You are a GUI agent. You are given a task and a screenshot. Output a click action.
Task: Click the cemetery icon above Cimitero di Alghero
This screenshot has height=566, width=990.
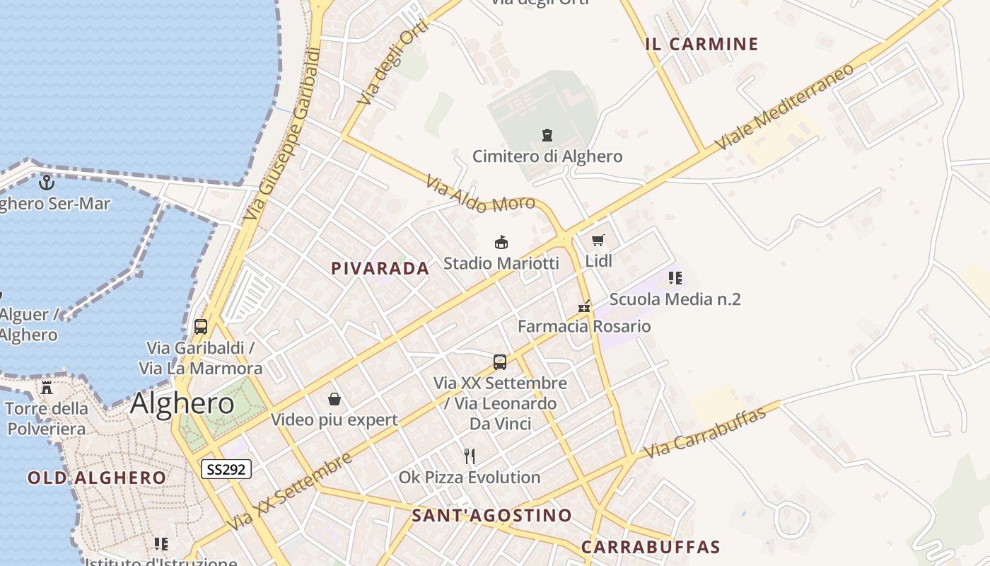(547, 134)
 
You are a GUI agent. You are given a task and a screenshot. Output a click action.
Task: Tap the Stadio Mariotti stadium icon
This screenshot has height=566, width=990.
(501, 243)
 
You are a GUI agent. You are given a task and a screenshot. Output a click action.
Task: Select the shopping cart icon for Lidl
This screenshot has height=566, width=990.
(598, 241)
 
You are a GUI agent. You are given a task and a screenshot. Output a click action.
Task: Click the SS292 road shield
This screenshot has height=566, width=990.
(226, 468)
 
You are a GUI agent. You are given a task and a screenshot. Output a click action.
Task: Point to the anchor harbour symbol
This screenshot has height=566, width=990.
(47, 183)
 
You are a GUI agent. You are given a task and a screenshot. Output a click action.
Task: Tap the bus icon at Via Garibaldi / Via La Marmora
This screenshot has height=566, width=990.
(201, 326)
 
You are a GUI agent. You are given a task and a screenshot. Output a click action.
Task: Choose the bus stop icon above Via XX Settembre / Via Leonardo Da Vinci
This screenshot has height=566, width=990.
(500, 362)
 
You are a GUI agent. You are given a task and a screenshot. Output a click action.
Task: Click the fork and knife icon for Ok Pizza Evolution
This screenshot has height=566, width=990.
(470, 456)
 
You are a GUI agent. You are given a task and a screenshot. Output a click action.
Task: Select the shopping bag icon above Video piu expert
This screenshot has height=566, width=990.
(334, 399)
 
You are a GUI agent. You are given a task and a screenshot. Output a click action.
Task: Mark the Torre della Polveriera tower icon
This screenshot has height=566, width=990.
(47, 387)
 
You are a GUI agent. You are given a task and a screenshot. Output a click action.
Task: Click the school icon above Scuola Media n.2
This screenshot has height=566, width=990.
(675, 277)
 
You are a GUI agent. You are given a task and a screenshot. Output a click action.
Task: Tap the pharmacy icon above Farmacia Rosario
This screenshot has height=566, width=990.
(584, 306)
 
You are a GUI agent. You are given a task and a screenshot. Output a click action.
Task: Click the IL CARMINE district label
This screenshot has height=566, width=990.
(701, 44)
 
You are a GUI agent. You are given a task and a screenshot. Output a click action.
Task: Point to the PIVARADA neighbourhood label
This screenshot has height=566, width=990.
(380, 268)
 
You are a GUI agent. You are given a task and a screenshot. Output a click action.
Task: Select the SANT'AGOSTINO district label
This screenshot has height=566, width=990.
(492, 515)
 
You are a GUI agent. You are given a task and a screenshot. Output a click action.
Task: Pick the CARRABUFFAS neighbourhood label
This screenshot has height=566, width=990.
(651, 547)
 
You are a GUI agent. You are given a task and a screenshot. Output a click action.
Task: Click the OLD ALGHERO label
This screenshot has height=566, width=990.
(97, 478)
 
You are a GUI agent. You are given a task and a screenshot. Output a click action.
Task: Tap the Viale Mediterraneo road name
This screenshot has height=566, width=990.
(784, 107)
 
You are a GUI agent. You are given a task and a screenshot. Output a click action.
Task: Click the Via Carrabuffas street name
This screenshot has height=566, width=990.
(706, 432)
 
